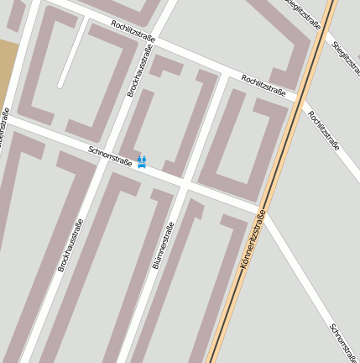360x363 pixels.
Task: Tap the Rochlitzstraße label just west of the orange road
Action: (263, 85)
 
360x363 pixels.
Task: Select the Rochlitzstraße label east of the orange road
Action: (323, 129)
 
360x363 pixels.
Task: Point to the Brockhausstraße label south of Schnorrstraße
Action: (70, 245)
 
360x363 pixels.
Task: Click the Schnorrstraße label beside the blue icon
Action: (109, 155)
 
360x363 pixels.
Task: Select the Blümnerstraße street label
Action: (163, 245)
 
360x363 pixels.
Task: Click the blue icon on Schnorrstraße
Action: (142, 160)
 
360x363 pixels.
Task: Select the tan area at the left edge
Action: (8, 67)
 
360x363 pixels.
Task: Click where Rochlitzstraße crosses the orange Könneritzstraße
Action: (298, 98)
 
